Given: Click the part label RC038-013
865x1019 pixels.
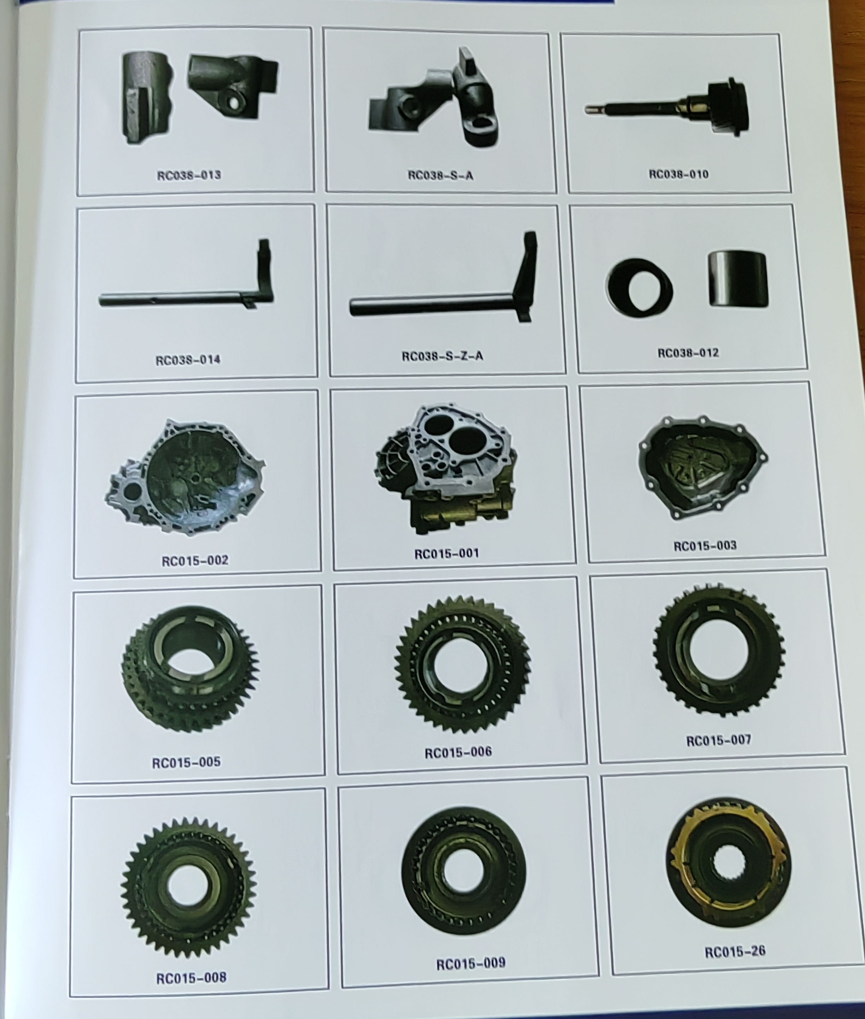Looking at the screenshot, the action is pyautogui.click(x=189, y=175).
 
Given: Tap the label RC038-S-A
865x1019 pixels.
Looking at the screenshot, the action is pyautogui.click(x=440, y=175).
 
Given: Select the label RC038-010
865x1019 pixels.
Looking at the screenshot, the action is pyautogui.click(x=679, y=174).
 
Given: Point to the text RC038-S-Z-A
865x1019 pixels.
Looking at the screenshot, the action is pyautogui.click(x=442, y=355).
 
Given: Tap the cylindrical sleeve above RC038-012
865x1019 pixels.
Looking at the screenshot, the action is pyautogui.click(x=738, y=279).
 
